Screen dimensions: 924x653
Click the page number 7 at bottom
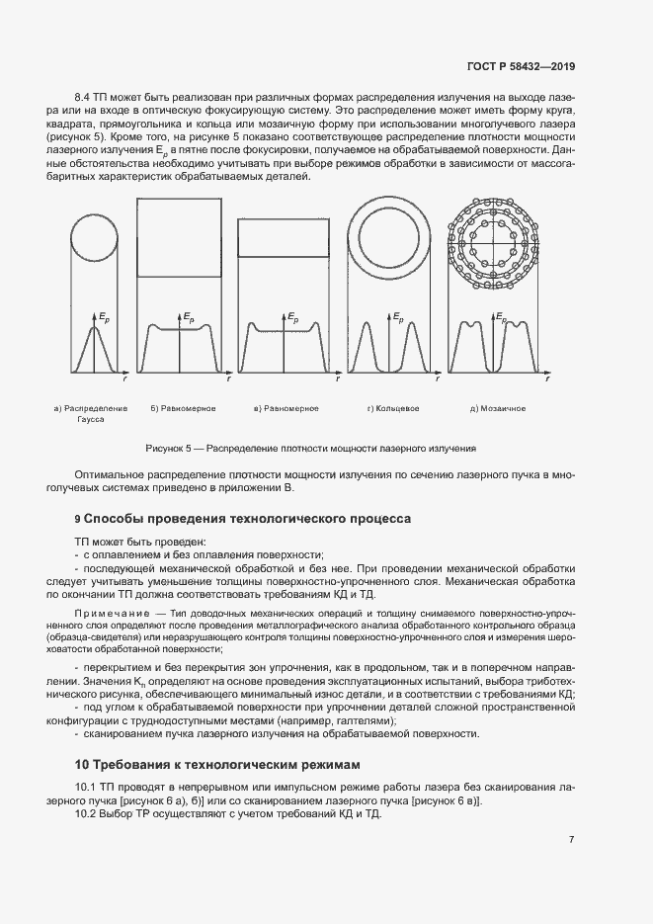[571, 840]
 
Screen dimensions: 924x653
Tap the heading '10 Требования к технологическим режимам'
[219, 765]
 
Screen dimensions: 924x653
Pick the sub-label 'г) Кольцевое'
[393, 408]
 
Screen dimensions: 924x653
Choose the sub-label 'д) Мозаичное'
[498, 408]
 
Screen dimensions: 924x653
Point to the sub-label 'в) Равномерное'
[286, 408]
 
